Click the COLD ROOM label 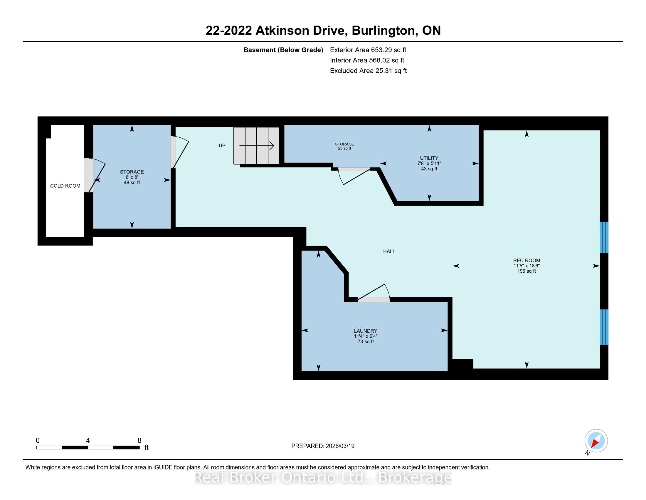65,186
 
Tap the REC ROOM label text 526,261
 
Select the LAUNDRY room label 366,331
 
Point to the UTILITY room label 429,158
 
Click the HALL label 389,251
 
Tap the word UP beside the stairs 222,145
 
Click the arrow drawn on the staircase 256,146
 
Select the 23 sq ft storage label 345,146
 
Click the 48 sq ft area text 132,183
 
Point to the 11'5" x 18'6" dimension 526,266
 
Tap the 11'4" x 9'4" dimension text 366,336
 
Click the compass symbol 596,441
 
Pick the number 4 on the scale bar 88,441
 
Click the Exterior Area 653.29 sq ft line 368,50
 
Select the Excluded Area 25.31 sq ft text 368,71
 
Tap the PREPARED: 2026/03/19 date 323,446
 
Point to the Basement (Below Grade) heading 283,50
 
